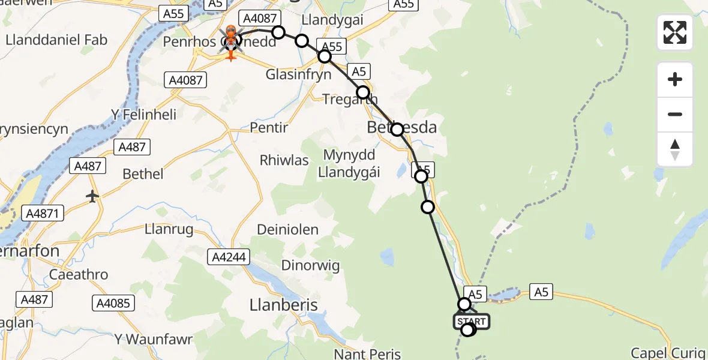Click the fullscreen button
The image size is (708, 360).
675,32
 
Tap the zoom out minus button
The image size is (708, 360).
675,114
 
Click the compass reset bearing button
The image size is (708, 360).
675,149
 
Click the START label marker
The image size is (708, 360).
472,322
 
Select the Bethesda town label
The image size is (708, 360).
402,127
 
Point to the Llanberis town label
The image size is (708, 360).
283,305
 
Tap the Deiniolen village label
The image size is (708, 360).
288,230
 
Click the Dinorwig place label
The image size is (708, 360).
311,266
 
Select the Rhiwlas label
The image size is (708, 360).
284,160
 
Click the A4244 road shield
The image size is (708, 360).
228,257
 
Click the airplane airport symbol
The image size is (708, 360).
92,196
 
